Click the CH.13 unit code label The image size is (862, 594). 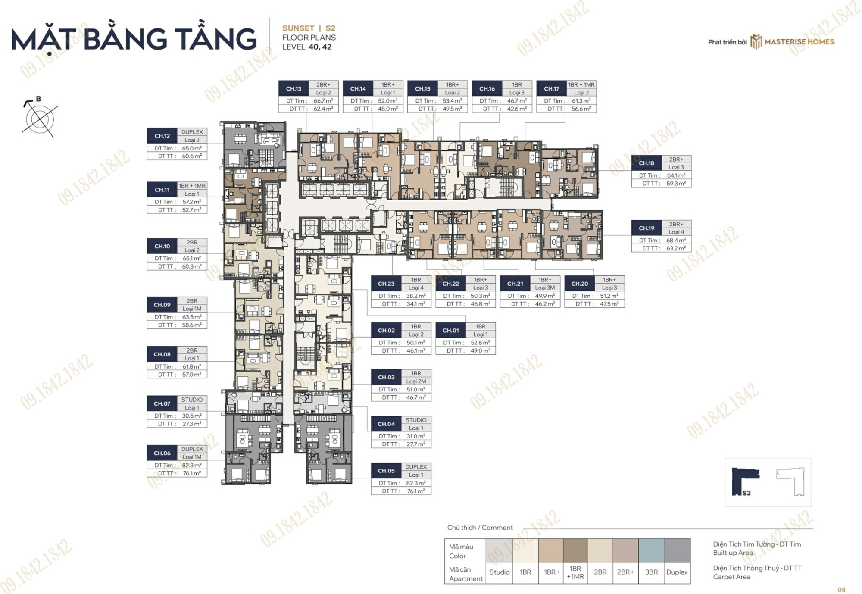[x=294, y=89]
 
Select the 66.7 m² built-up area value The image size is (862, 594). [x=323, y=101]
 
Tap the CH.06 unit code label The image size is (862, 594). [x=162, y=453]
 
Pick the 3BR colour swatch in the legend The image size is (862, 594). [x=651, y=550]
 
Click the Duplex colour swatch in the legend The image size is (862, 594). [x=677, y=550]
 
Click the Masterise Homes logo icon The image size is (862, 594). [x=756, y=42]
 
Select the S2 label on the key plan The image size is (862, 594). [x=746, y=493]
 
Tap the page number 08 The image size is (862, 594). [x=842, y=590]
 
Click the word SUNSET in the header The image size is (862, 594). [x=298, y=28]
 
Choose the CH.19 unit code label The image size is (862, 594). [x=646, y=228]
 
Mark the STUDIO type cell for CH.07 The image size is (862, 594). [x=192, y=400]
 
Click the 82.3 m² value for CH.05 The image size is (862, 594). [x=416, y=483]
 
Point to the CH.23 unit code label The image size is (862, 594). [x=386, y=284]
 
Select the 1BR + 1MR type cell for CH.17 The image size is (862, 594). [x=581, y=84]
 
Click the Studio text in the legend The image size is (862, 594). [x=500, y=572]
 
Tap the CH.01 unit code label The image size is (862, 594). [x=450, y=331]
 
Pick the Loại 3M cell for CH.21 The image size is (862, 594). [x=545, y=288]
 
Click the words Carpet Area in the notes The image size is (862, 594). [x=731, y=577]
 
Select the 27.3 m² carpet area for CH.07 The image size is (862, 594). [x=192, y=424]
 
